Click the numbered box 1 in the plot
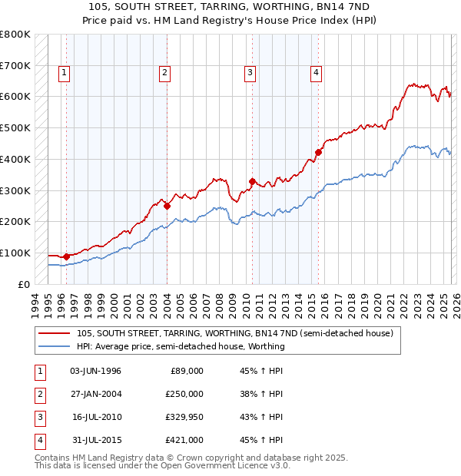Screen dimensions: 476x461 click(63, 73)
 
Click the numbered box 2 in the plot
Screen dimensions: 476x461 click(164, 73)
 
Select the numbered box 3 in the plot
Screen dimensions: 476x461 click(250, 73)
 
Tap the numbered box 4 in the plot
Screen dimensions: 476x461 click(316, 73)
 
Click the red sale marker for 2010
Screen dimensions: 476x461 click(252, 181)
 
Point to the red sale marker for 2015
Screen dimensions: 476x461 click(319, 152)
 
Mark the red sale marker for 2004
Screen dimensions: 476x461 click(167, 206)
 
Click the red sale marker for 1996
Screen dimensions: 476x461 click(66, 256)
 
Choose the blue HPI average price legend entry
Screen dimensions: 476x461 click(181, 347)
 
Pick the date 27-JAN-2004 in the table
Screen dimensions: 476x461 click(95, 393)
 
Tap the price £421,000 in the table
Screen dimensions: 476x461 click(184, 440)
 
